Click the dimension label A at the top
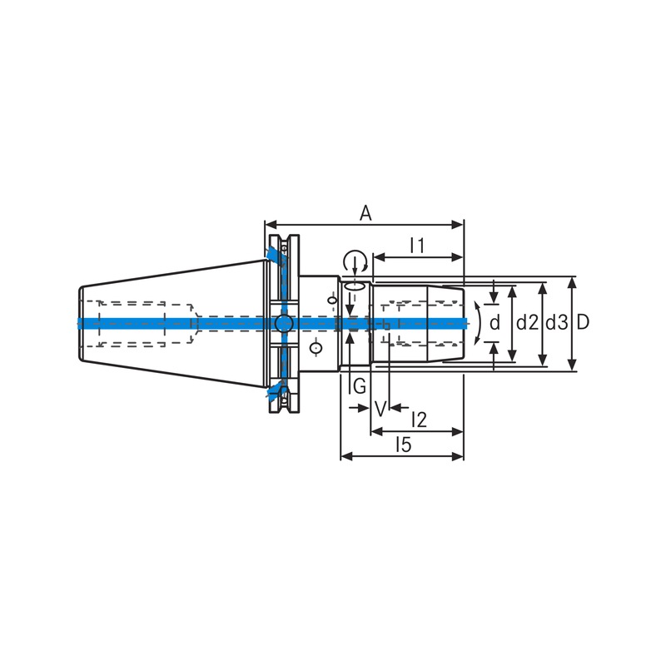pyautogui.click(x=365, y=213)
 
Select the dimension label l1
pyautogui.click(x=418, y=245)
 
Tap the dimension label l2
pyautogui.click(x=419, y=420)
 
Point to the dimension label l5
pyautogui.click(x=403, y=445)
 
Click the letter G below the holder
pyautogui.click(x=358, y=386)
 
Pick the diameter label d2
pyautogui.click(x=525, y=322)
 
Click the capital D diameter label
pyautogui.click(x=583, y=322)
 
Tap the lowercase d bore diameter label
pyautogui.click(x=495, y=322)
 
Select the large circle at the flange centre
pyautogui.click(x=283, y=323)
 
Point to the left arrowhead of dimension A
pyautogui.click(x=269, y=224)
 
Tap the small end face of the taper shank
pyautogui.click(x=79, y=323)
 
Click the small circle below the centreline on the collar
pyautogui.click(x=316, y=347)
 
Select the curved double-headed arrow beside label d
pyautogui.click(x=477, y=323)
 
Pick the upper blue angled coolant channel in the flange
pyautogui.click(x=276, y=255)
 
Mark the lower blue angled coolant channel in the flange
pyautogui.click(x=276, y=390)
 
